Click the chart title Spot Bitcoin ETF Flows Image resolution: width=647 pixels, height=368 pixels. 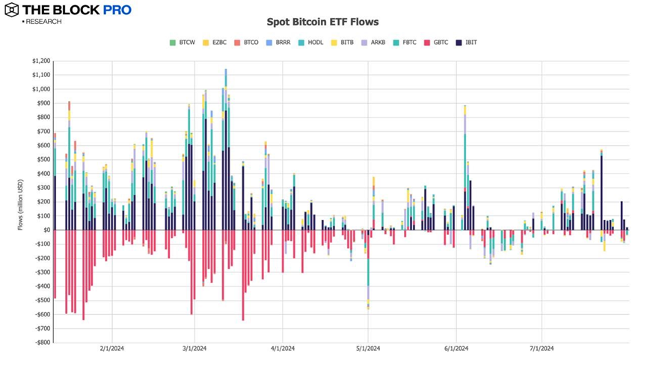point(322,22)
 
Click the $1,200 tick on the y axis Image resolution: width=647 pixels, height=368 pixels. point(40,61)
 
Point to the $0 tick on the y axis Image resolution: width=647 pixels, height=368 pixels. point(46,230)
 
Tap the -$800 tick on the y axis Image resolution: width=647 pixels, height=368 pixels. point(42,343)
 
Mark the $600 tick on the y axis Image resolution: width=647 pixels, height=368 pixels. point(43,145)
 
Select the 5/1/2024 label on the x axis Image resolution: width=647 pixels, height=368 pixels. point(369,349)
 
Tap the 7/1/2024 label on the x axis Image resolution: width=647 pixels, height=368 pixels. point(542,349)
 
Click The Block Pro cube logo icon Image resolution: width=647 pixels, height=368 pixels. point(12,10)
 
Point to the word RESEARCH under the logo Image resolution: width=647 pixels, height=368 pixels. point(43,22)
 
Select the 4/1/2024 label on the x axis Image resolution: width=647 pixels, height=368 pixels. point(282,349)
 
